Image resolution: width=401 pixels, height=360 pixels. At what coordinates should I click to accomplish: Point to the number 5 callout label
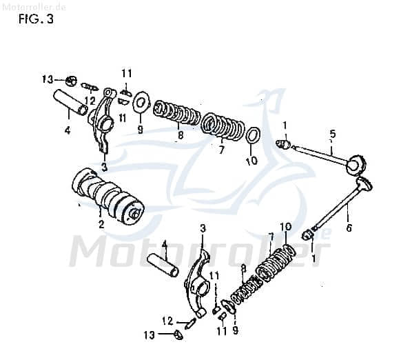coord(332,133)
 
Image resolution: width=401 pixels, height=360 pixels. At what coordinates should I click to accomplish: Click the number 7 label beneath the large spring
coord(222,149)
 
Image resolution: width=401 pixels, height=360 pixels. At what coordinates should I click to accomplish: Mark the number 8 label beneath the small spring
coord(181,136)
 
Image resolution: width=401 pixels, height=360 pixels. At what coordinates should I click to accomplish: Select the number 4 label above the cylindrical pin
coord(164,244)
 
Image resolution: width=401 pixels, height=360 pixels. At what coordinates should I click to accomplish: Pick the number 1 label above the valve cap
coord(285,124)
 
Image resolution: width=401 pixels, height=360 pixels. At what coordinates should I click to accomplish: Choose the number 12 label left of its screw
coord(167,321)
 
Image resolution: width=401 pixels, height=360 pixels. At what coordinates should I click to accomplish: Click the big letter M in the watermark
coord(92,254)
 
